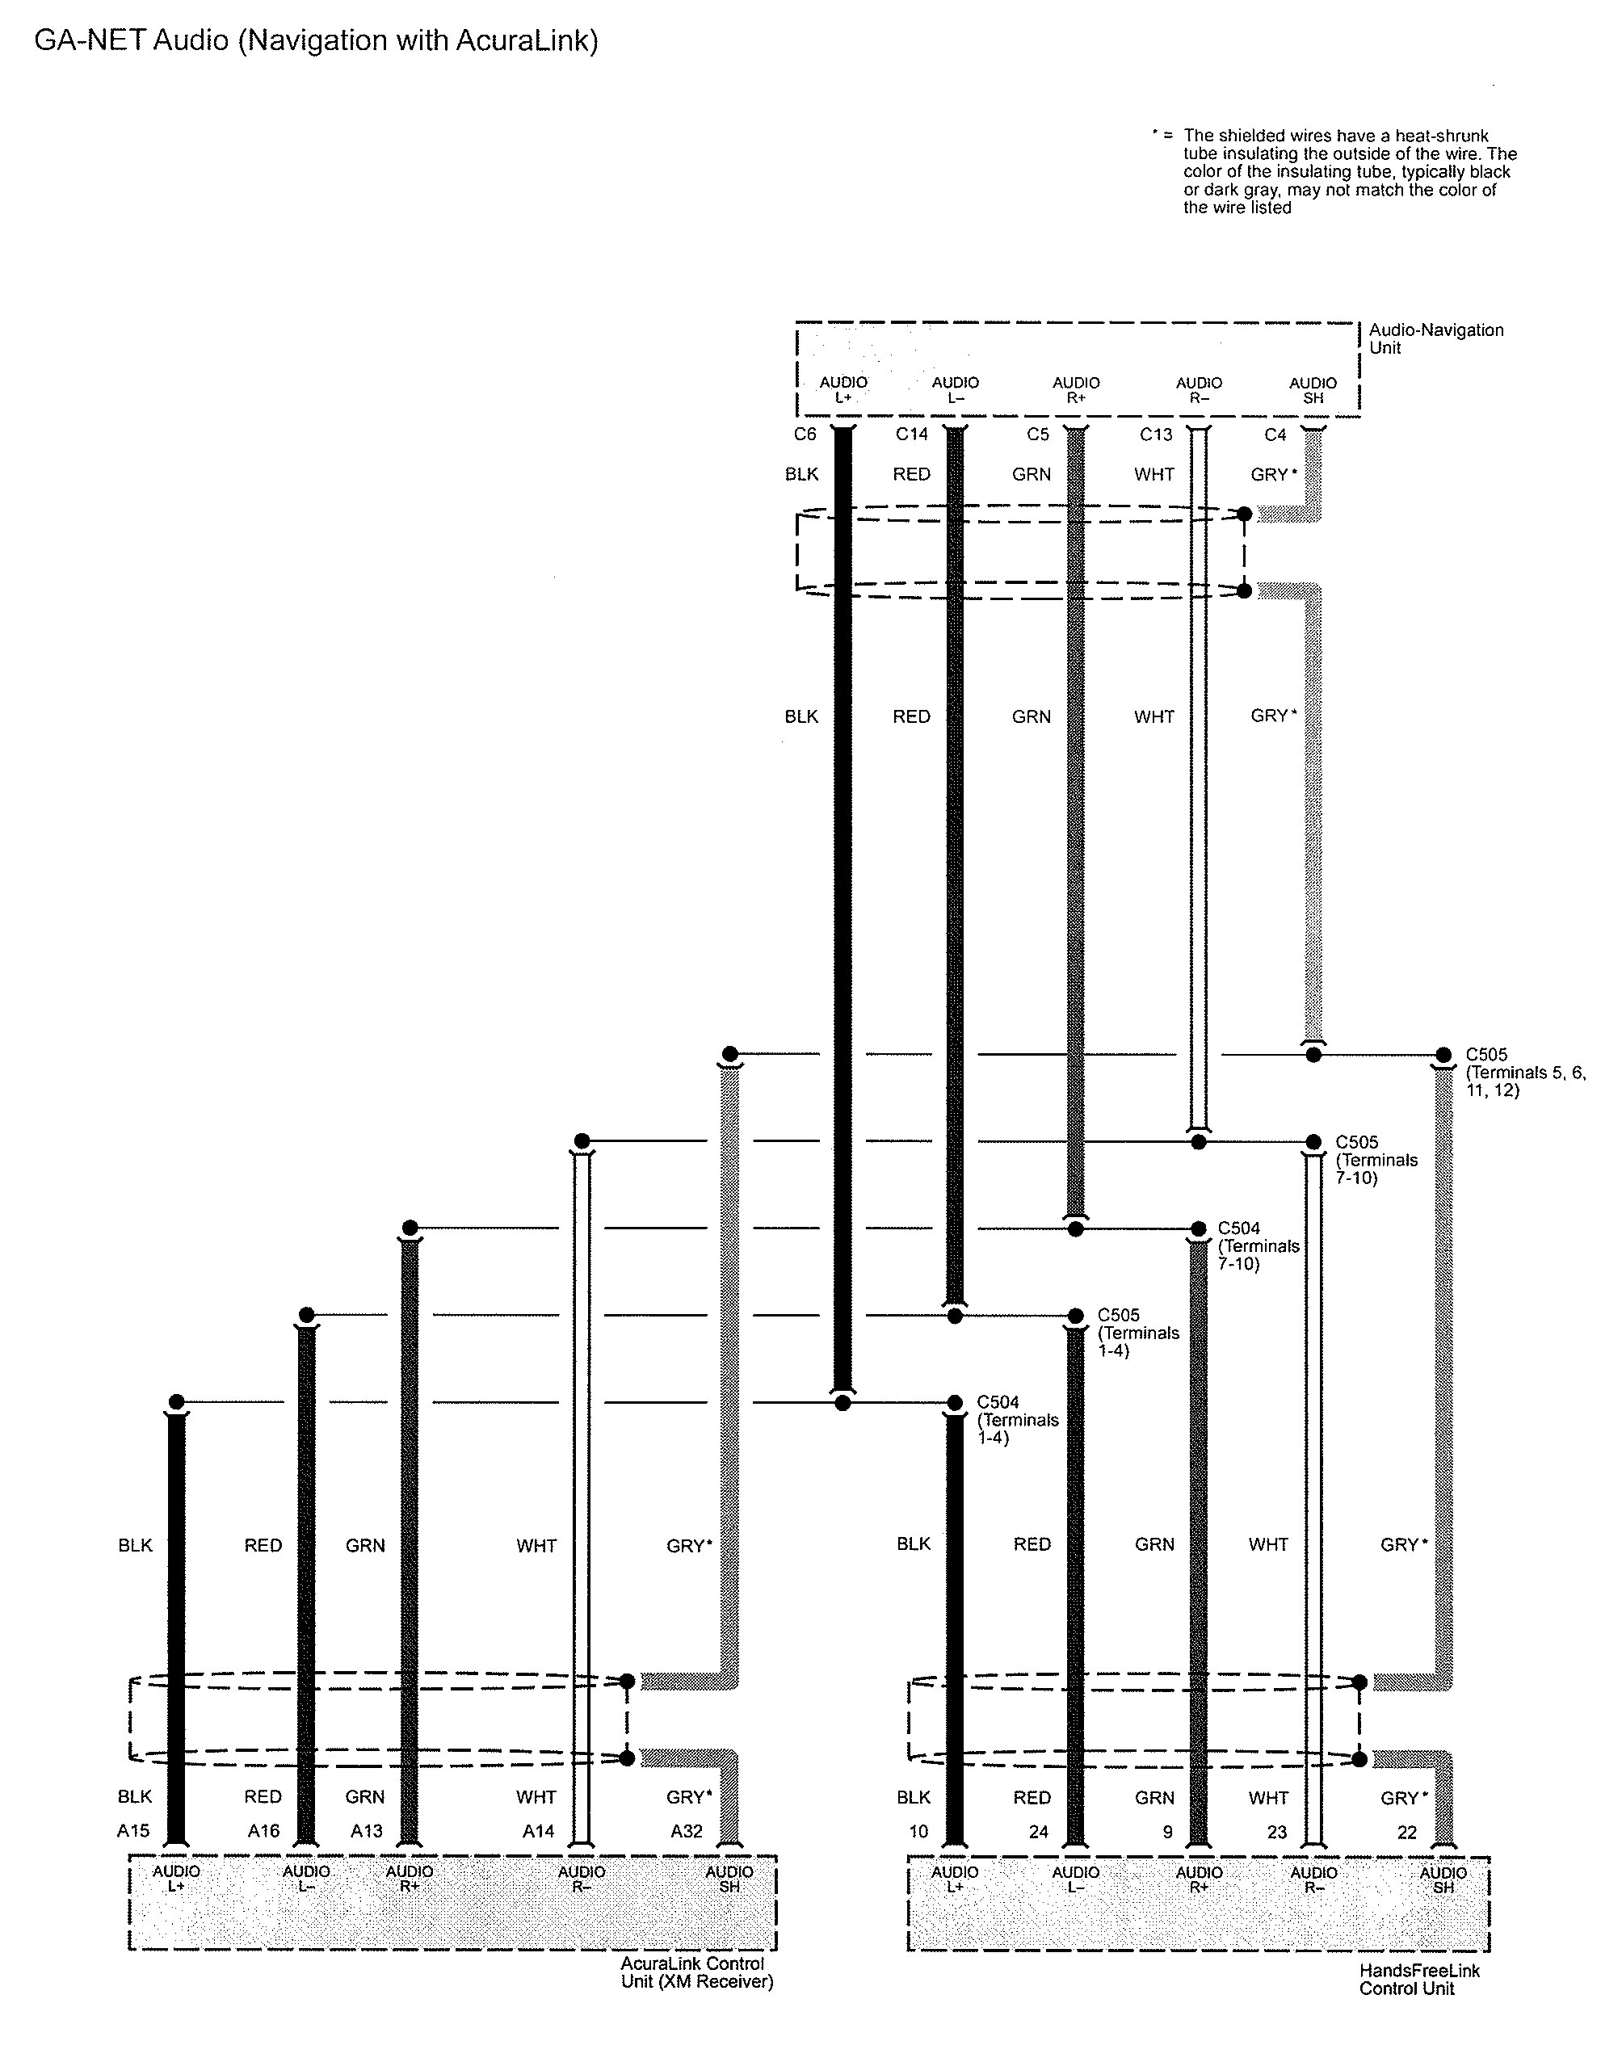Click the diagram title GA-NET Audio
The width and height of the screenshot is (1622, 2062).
click(316, 41)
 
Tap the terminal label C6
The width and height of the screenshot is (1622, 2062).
click(805, 434)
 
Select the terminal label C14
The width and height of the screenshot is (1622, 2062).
click(912, 434)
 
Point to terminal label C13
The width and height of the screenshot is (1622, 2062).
click(1156, 434)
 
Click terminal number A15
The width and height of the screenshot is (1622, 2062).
click(133, 1831)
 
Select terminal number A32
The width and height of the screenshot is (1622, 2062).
click(686, 1831)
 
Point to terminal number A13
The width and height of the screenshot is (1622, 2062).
click(367, 1831)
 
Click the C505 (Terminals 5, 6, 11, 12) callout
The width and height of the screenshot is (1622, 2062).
click(1524, 1072)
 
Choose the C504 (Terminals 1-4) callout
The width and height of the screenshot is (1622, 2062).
click(1017, 1419)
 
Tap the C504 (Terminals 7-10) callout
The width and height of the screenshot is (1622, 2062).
click(1258, 1245)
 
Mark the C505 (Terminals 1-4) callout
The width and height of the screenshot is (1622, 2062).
click(1137, 1333)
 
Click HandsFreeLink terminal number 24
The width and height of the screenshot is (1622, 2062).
click(1039, 1833)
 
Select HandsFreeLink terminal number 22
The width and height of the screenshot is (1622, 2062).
click(1406, 1833)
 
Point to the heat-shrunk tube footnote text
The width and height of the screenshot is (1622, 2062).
click(1347, 172)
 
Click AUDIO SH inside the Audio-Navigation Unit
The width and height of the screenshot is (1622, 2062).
click(1313, 390)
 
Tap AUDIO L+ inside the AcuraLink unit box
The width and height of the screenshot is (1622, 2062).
click(177, 1879)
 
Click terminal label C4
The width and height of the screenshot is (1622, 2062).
click(1275, 434)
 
